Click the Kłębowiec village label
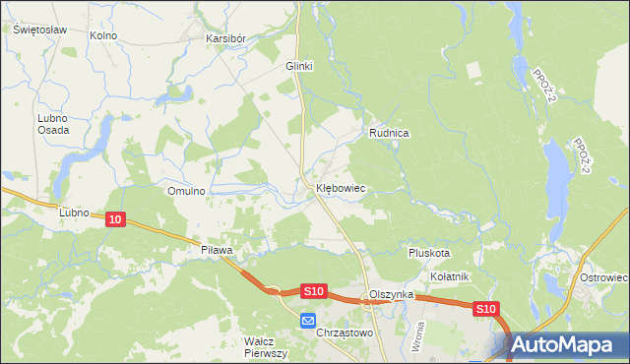pyautogui.click(x=341, y=187)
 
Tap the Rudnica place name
pyautogui.click(x=389, y=132)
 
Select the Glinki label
pyautogui.click(x=298, y=66)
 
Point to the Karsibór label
pyautogui.click(x=225, y=38)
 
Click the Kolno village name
pyautogui.click(x=102, y=35)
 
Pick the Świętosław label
pyautogui.click(x=39, y=30)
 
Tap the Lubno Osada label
pyautogui.click(x=52, y=124)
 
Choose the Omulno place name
pyautogui.click(x=186, y=191)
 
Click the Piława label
pyautogui.click(x=216, y=251)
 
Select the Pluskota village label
pyautogui.click(x=429, y=253)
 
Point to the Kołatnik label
pyautogui.click(x=450, y=276)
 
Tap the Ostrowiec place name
pyautogui.click(x=604, y=277)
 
